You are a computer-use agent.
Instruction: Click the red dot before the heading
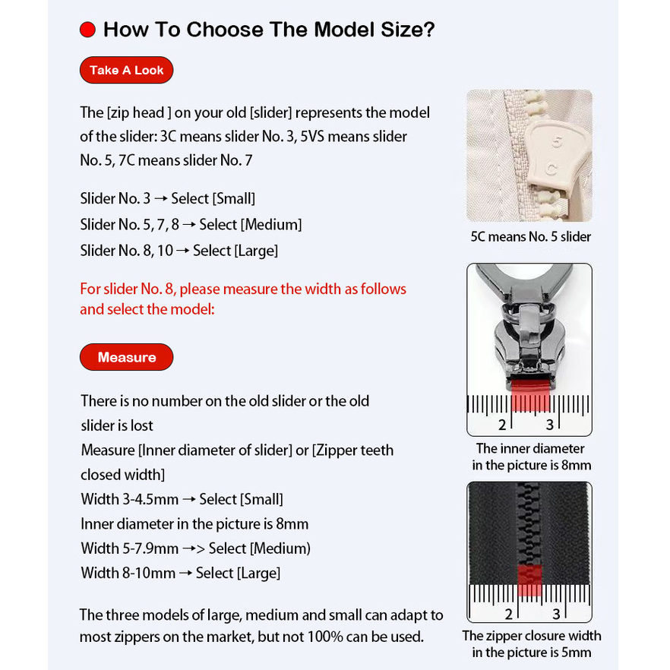point(87,30)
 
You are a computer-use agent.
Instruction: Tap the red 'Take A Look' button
point(126,70)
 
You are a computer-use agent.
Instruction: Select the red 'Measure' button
point(126,357)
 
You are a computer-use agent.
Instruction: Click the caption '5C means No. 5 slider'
point(530,236)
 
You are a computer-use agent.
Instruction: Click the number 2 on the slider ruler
point(502,425)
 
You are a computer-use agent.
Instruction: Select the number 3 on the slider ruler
point(549,425)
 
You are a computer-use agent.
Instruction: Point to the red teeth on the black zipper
point(530,579)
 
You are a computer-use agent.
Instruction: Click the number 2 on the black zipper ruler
point(508,614)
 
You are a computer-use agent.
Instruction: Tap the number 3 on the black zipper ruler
point(556,614)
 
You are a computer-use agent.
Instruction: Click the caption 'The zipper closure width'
point(531,636)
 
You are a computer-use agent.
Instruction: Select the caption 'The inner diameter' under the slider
point(530,448)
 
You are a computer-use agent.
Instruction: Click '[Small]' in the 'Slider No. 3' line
point(234,199)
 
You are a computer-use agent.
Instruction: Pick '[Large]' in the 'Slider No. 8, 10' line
point(256,251)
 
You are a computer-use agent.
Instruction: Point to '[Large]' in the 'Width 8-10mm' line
point(258,573)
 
